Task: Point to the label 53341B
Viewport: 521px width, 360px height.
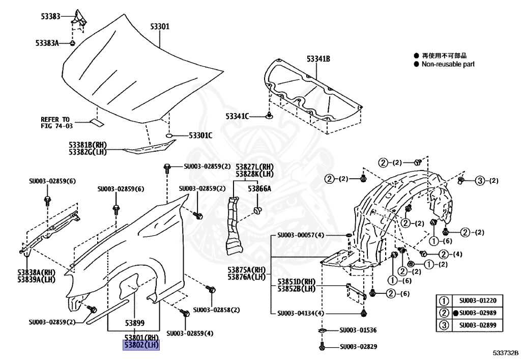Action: point(319,60)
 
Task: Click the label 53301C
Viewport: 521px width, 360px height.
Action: point(200,135)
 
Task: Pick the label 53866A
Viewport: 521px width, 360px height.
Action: point(259,188)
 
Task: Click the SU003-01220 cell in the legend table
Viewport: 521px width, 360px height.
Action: point(477,301)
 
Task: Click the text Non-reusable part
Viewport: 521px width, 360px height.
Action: point(448,64)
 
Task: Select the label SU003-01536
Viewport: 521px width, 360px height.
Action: point(358,330)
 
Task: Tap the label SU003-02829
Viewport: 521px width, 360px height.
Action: point(358,347)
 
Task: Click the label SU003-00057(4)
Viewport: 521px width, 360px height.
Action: point(300,235)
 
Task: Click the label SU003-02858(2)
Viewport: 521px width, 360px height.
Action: point(216,310)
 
